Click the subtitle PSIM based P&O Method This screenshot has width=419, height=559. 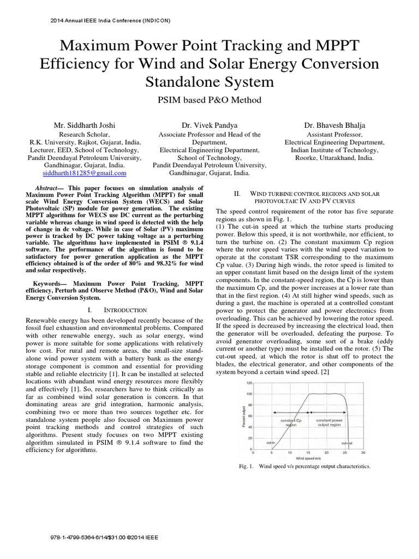click(x=209, y=100)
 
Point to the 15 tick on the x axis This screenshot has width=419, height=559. click(x=307, y=453)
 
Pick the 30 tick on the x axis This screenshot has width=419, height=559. click(x=363, y=453)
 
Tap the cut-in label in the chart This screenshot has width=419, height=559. click(x=271, y=443)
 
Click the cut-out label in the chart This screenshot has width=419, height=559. click(x=347, y=443)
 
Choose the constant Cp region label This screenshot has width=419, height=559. click(x=291, y=423)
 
